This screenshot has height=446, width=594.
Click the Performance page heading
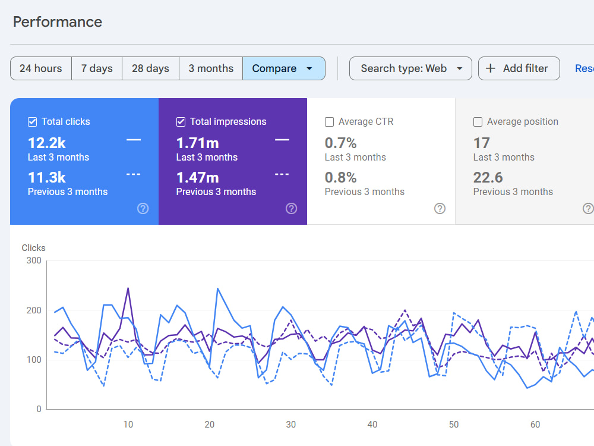(x=58, y=22)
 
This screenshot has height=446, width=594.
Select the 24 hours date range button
(x=41, y=68)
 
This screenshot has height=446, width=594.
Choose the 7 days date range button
(x=97, y=68)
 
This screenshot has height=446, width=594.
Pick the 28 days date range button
(x=150, y=68)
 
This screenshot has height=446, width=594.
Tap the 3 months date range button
(x=211, y=68)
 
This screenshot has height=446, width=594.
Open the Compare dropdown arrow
(x=309, y=68)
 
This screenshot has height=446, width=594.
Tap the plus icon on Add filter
(x=491, y=68)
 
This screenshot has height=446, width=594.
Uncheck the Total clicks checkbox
(x=33, y=122)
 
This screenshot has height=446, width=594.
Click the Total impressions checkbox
(x=181, y=122)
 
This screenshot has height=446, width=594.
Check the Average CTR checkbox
(x=330, y=122)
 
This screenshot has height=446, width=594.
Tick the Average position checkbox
(x=478, y=122)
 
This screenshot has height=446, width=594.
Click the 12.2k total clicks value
(x=47, y=143)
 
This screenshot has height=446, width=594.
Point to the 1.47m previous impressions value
(x=198, y=177)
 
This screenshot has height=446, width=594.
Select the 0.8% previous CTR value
(x=340, y=177)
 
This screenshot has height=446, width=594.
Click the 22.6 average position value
(x=488, y=177)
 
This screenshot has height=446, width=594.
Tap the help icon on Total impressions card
(x=291, y=209)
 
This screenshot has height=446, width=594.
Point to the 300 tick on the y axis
(x=34, y=260)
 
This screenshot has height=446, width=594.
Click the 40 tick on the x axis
(x=372, y=425)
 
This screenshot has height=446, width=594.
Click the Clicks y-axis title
(x=34, y=247)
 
